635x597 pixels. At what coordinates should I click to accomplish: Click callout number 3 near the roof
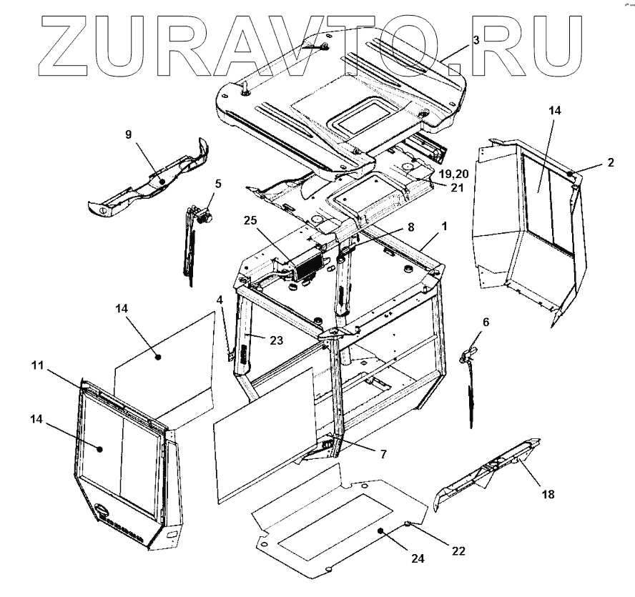pos(476,41)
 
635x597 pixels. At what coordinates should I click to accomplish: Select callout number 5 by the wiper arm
pos(218,183)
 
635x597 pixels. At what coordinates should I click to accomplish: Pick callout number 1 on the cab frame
pos(446,226)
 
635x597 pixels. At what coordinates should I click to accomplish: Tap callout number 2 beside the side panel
pos(610,162)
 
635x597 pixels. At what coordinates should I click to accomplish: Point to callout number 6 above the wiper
pos(486,322)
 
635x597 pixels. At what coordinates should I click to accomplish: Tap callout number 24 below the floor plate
pos(418,559)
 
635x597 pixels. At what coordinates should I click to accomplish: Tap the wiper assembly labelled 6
pos(471,379)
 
